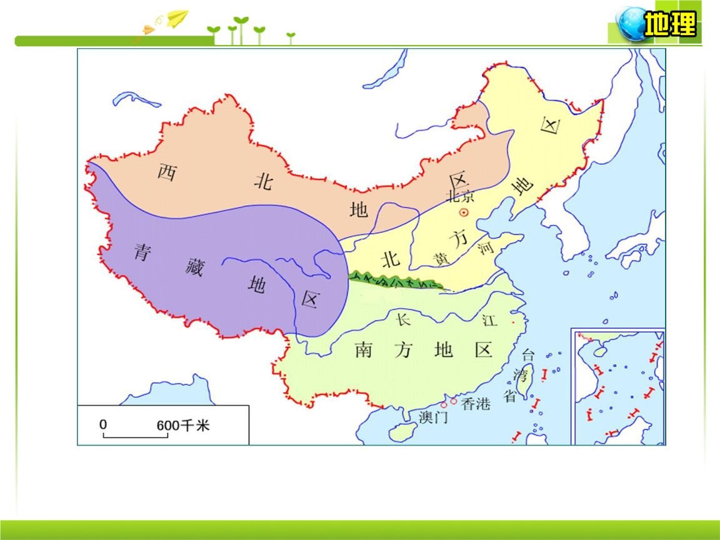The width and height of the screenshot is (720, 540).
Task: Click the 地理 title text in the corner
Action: click(670, 25)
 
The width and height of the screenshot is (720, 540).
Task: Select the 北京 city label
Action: click(461, 196)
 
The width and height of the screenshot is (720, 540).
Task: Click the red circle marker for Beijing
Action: click(464, 212)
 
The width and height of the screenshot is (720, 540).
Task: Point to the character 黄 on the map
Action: click(442, 259)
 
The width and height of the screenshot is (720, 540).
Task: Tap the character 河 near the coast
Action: click(485, 249)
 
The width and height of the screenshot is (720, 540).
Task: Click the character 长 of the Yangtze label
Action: click(403, 319)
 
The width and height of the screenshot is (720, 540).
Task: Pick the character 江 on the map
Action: click(489, 321)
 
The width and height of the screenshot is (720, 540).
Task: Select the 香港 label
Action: click(476, 404)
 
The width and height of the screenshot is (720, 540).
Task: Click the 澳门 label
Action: click(433, 417)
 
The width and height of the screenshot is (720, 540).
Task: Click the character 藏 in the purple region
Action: click(194, 268)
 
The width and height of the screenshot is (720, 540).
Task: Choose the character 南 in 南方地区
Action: click(364, 350)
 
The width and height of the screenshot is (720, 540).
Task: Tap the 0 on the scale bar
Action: click(104, 424)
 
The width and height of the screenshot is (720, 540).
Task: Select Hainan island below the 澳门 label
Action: click(402, 432)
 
